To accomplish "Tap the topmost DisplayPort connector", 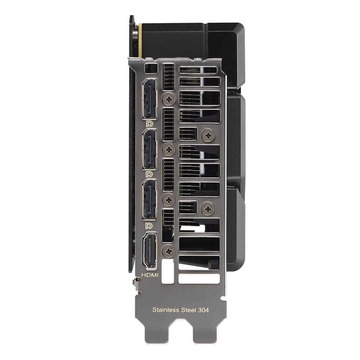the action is (x=150, y=99).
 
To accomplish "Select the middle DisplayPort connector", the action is (x=150, y=149).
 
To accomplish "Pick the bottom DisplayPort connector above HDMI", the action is (x=150, y=199).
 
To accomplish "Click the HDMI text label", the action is (x=150, y=275).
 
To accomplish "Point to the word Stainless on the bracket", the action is (x=166, y=310).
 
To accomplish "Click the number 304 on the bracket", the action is (x=203, y=310).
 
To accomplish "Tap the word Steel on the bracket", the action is (x=188, y=310).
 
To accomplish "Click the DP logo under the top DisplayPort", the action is (x=149, y=124).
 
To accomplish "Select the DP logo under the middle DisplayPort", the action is (x=149, y=174).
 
